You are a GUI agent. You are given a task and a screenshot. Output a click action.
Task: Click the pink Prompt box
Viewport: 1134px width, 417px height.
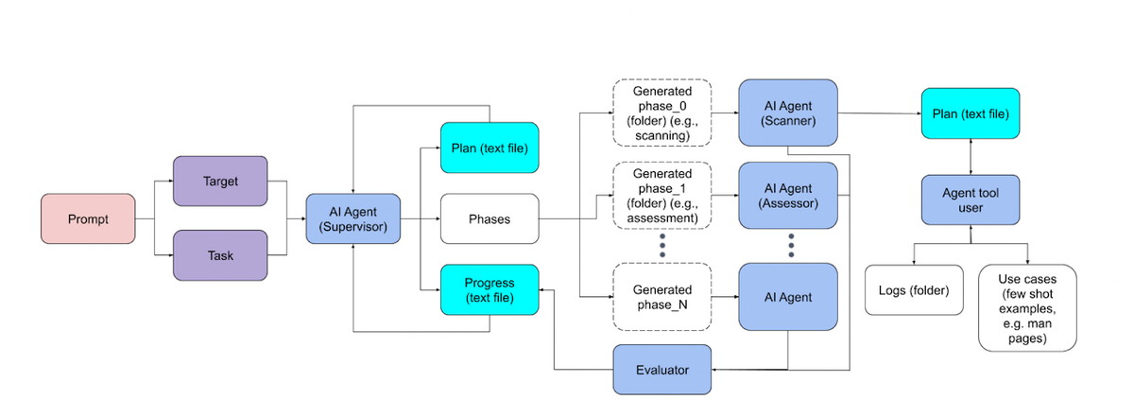point(87,219)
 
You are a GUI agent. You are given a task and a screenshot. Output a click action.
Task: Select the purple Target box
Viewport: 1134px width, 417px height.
point(220,182)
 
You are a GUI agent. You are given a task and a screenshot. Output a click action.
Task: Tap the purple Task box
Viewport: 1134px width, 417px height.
point(220,255)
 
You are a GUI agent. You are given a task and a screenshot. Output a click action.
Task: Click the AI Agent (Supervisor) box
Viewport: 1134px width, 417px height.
point(353,219)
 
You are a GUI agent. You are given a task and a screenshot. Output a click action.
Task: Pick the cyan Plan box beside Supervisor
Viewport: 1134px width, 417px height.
point(490,148)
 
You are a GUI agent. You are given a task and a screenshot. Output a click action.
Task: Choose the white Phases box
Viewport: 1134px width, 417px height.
point(490,219)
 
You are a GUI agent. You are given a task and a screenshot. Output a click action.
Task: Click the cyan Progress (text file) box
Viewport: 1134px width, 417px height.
point(490,289)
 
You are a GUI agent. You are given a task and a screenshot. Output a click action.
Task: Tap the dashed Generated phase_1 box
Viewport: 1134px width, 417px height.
point(661,196)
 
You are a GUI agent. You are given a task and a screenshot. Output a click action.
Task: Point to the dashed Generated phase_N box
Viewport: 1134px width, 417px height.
point(661,297)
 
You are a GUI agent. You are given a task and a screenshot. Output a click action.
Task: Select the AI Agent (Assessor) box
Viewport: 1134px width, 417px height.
point(788,196)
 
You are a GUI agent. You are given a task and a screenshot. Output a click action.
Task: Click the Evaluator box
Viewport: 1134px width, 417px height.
point(661,370)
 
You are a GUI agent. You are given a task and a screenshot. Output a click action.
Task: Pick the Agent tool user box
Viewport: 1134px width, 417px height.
point(971,200)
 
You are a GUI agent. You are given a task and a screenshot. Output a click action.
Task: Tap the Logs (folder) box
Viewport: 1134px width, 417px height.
point(914,289)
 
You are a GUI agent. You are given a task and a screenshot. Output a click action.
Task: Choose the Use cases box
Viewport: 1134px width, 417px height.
point(1026,307)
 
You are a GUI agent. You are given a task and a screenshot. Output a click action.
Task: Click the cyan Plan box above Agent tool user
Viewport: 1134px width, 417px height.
point(971,113)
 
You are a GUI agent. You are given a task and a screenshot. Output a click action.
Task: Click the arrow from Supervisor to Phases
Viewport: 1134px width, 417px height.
point(421,219)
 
